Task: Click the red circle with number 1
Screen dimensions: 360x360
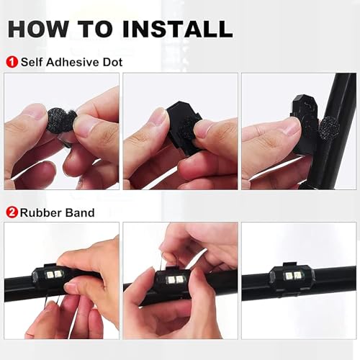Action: point(11,62)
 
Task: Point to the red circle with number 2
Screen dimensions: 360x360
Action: point(11,212)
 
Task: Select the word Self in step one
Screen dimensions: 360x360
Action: point(32,62)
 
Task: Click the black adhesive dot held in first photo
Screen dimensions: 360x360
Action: point(60,120)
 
